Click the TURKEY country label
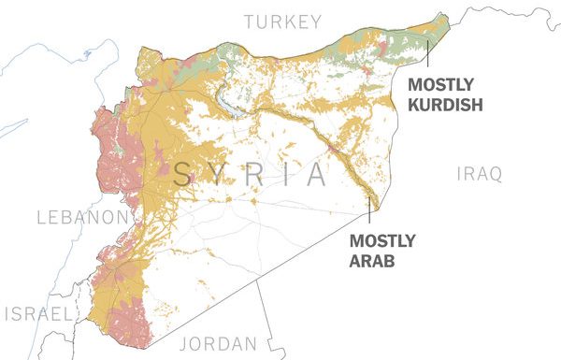click(x=281, y=22)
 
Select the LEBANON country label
click(x=80, y=218)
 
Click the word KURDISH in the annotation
click(x=445, y=105)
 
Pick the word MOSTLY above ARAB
click(x=382, y=241)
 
